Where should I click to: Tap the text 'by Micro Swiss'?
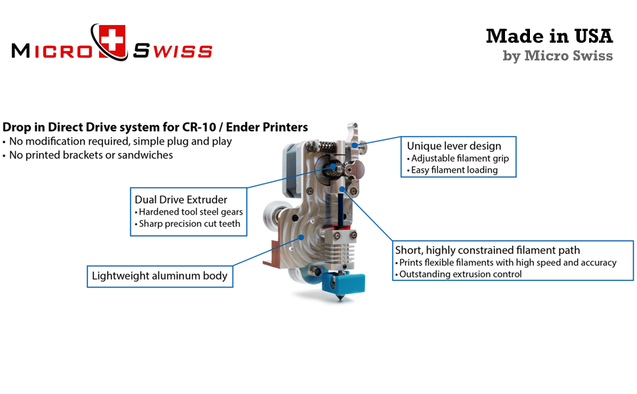pos(558,56)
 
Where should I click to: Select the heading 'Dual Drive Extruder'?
pos(181,199)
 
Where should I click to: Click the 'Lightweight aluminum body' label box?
pos(160,276)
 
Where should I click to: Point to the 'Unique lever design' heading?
pos(454,146)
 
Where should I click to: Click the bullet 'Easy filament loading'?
pos(454,170)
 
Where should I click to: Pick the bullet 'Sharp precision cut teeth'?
pos(189,223)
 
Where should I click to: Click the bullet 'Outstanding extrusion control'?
pos(460,274)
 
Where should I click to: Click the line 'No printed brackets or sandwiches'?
pos(88,155)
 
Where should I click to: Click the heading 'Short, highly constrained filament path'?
pos(487,250)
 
